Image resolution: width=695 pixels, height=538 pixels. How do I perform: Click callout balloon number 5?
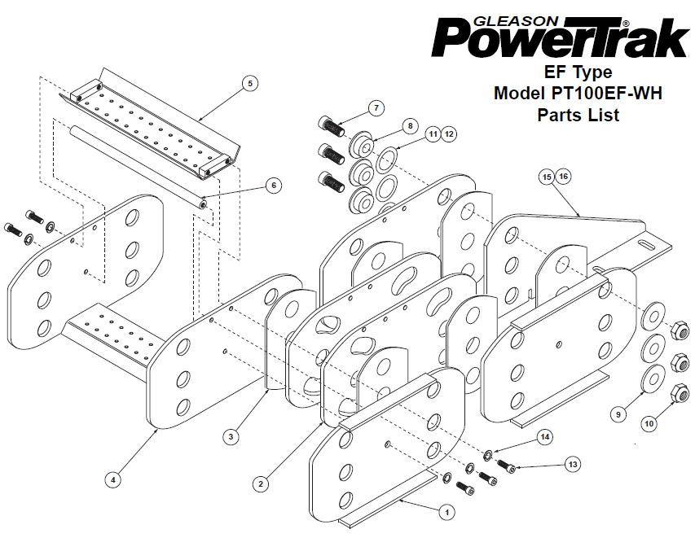pos(250,83)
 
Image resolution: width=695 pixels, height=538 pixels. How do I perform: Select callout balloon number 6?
pos(274,186)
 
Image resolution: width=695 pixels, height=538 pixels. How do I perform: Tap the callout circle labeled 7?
pos(376,107)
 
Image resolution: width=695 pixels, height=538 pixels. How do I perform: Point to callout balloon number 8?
pos(410,126)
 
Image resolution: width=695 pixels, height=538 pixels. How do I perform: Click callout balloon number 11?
pos(433,133)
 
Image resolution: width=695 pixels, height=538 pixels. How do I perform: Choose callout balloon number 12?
pos(450,133)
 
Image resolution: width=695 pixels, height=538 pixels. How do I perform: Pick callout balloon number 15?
pos(548,176)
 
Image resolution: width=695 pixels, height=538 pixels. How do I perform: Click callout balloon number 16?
pos(565,176)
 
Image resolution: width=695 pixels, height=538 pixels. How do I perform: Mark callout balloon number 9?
pos(618,414)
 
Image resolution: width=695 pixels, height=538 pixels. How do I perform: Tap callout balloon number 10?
pos(649,423)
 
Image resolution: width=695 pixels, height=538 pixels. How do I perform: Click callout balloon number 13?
pos(573,464)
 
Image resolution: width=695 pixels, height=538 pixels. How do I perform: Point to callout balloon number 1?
pos(445,512)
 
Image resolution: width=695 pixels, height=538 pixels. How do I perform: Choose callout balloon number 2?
pos(260,483)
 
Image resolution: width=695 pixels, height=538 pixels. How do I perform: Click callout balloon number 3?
pos(232,437)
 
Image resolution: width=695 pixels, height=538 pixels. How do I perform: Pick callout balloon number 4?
pos(114,479)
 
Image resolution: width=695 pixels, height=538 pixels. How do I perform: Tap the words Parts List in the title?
pos(578,115)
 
